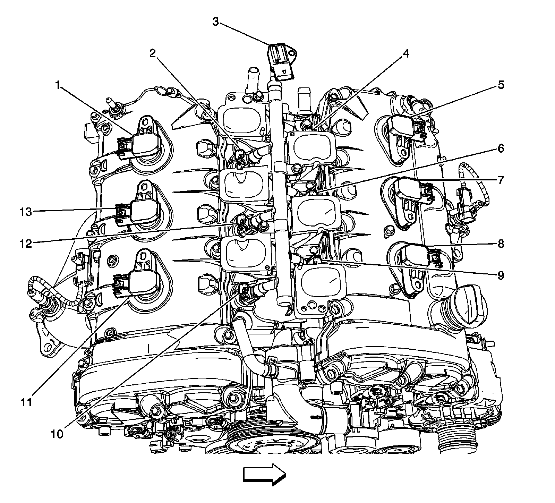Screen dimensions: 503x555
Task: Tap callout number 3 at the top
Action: [x=216, y=22]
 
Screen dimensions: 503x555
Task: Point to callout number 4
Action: [x=405, y=53]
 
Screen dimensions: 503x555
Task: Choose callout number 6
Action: [x=501, y=149]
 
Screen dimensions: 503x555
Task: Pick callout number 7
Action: [x=501, y=180]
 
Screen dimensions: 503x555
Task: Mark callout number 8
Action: [x=501, y=244]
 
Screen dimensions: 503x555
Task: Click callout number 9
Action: [x=501, y=276]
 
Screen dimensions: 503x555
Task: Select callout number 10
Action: [x=58, y=434]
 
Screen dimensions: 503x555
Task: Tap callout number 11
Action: [x=26, y=402]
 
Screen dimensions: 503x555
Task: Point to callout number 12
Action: [x=26, y=244]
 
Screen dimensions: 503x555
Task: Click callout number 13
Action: [x=26, y=212]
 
